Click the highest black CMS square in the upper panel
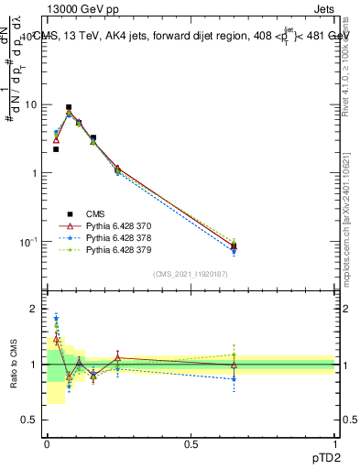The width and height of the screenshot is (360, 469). tap(69, 107)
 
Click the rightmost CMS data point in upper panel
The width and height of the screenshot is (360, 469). tap(234, 245)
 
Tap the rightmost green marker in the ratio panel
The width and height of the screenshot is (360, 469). tap(234, 355)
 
